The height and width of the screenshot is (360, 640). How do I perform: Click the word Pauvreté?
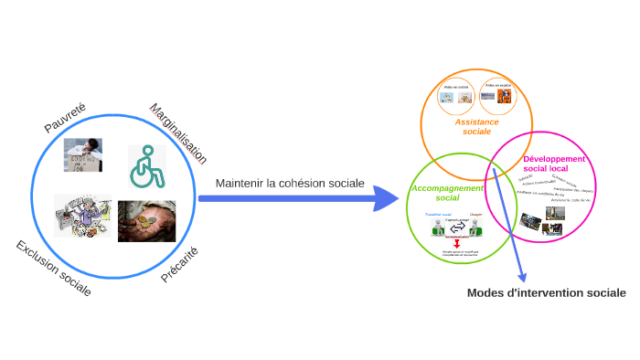(65, 119)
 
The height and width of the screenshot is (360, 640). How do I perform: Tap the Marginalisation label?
(178, 133)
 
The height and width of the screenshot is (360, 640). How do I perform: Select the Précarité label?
(179, 265)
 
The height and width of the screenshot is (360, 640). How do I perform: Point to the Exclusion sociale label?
(53, 269)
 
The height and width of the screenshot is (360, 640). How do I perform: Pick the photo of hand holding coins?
(146, 221)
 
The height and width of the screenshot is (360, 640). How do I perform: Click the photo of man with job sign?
(82, 155)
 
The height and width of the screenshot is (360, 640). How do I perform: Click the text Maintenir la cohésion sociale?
(290, 183)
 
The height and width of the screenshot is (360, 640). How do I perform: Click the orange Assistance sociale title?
(476, 126)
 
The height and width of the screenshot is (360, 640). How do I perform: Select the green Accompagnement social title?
(447, 193)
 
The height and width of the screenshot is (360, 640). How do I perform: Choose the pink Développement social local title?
(553, 164)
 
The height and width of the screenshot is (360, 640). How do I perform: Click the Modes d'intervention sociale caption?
(546, 293)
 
